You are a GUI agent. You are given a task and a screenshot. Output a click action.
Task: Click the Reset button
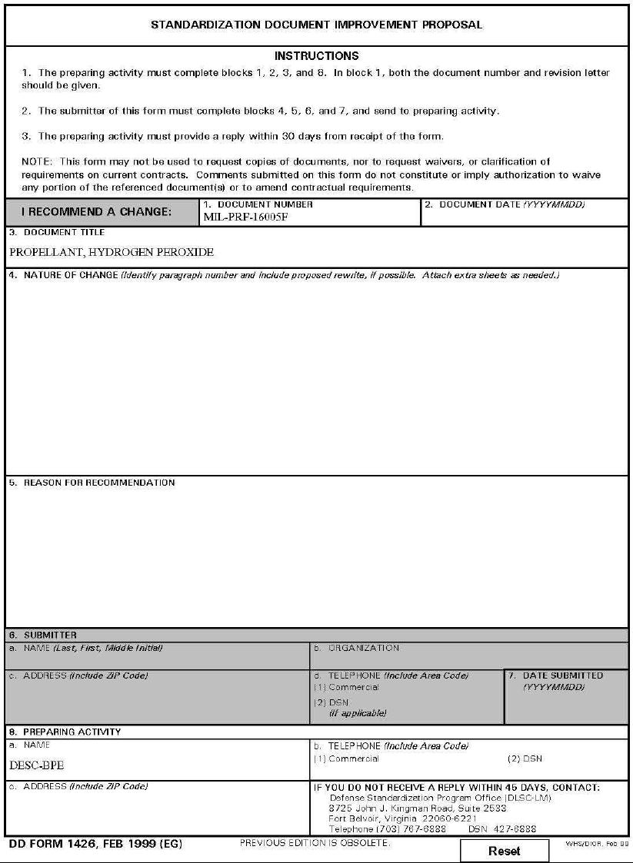point(504,851)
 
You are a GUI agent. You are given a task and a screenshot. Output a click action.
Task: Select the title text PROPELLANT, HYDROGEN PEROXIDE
point(112,252)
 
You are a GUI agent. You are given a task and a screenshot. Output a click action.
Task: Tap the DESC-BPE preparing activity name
point(37,765)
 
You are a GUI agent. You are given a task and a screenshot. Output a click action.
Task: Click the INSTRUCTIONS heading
point(316,56)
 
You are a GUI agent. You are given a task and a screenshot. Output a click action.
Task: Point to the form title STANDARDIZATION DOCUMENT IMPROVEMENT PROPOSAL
point(316,25)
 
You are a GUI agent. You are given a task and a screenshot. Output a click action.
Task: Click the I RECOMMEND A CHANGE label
point(96,212)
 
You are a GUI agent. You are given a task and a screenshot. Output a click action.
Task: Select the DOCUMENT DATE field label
point(504,205)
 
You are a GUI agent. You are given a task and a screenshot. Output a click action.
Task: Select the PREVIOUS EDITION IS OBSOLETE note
point(315,843)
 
